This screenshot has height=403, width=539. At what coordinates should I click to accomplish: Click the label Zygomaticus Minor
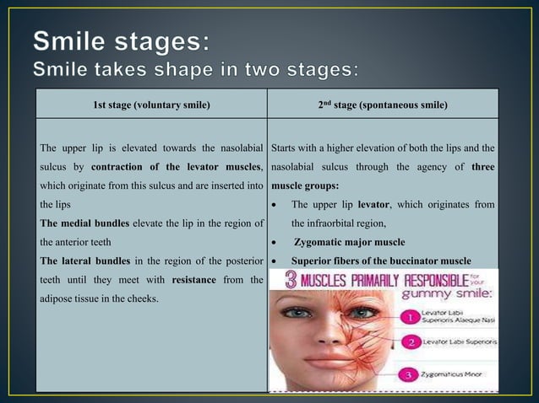pos(464,373)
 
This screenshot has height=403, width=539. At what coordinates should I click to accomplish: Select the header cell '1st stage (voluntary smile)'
pos(151,105)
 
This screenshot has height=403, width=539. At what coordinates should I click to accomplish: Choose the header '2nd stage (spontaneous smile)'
pos(383,105)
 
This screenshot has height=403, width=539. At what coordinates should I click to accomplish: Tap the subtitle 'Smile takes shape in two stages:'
pos(199,67)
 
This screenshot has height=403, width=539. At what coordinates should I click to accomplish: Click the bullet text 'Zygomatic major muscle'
pos(349,242)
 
